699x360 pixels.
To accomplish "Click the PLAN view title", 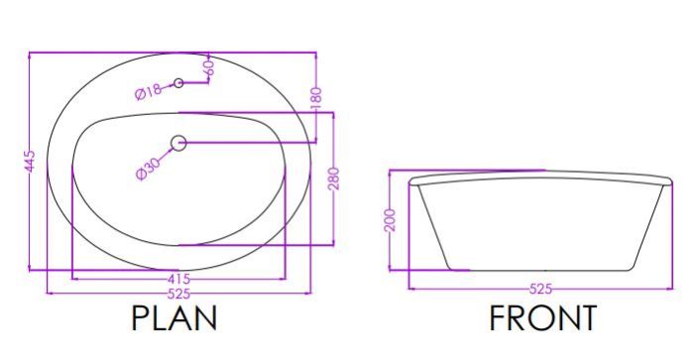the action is [175, 318].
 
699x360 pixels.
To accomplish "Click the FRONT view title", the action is [543, 318].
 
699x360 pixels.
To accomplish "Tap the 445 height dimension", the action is [30, 162].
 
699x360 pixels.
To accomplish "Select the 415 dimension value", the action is [179, 280].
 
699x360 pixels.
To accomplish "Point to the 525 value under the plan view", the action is [178, 294].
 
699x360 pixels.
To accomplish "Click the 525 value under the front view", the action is [540, 290].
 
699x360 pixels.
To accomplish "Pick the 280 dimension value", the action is [334, 179].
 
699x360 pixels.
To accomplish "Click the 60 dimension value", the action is [209, 66].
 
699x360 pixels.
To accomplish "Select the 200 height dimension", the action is [390, 219].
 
